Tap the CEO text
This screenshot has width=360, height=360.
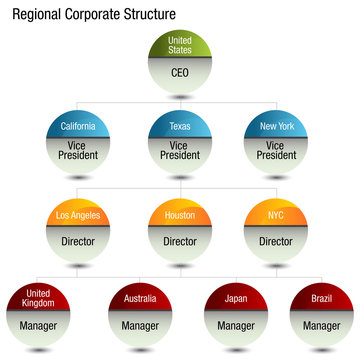click(181, 73)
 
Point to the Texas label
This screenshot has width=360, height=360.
click(180, 128)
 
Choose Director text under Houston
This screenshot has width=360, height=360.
click(181, 241)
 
